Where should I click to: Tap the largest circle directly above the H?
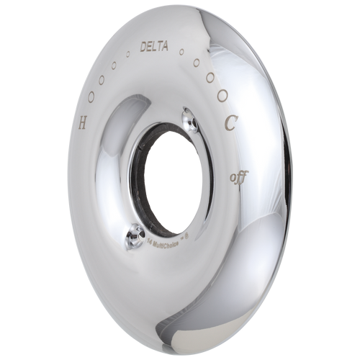pos(89,97)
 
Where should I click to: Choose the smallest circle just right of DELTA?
pos(182,52)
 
